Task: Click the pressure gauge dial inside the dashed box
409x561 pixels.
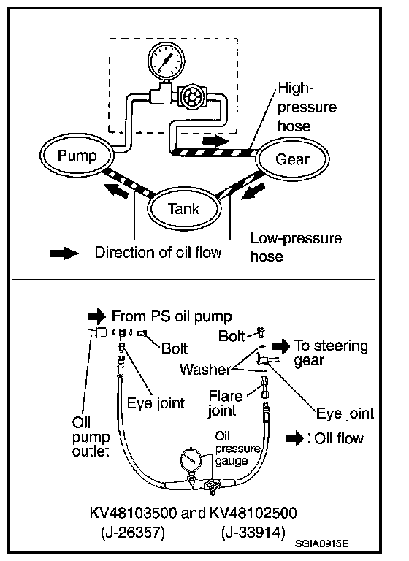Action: [167, 60]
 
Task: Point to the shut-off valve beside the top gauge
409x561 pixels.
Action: [192, 96]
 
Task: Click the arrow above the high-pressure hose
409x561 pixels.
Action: [215, 140]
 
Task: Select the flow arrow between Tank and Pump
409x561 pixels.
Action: [116, 190]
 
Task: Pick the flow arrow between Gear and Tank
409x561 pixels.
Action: [254, 191]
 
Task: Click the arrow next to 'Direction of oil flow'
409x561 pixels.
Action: [64, 253]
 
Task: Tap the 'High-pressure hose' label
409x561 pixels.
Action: [307, 107]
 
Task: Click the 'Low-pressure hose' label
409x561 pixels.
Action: [296, 247]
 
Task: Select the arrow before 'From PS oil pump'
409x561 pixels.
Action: [96, 316]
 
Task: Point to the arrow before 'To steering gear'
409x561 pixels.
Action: [281, 346]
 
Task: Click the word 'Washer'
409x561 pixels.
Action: [205, 369]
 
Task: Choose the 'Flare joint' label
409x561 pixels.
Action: [226, 403]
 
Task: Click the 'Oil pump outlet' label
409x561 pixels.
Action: [91, 437]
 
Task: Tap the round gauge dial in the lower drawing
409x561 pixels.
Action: [191, 459]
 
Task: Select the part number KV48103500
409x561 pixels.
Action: [133, 513]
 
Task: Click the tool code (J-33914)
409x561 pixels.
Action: [253, 533]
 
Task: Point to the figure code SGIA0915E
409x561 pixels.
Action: [321, 543]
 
